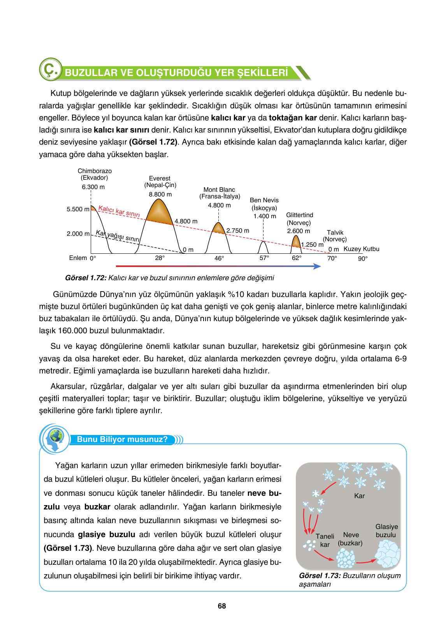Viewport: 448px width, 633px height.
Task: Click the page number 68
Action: (x=222, y=606)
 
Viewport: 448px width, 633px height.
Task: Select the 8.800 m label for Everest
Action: (x=160, y=194)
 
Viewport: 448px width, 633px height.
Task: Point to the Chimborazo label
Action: (x=95, y=174)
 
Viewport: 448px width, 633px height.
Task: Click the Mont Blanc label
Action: (x=219, y=193)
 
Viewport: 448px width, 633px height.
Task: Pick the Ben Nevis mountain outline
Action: (x=264, y=247)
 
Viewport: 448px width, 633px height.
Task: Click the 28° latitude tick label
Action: (x=160, y=258)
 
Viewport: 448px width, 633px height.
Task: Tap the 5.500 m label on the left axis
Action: (x=78, y=209)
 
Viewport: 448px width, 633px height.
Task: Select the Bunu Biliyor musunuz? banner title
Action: (x=122, y=440)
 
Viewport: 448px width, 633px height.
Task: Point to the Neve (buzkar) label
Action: (x=351, y=539)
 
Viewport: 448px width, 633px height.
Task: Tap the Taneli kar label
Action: (x=325, y=540)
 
